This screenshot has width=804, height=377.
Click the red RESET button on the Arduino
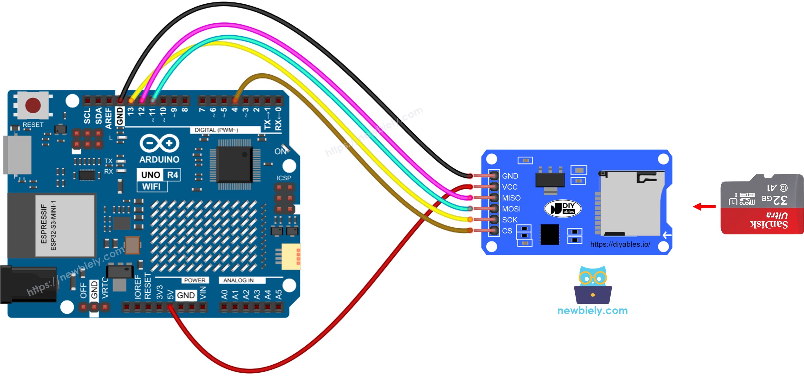pos(33,105)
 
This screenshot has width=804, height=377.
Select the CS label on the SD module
pos(507,230)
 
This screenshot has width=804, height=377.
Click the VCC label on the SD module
pos(509,187)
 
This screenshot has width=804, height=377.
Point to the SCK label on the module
pos(509,220)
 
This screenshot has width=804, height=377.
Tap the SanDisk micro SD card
pos(762,205)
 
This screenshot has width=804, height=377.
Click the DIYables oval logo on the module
pos(562,208)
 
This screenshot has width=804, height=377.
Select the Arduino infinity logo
pos(159,143)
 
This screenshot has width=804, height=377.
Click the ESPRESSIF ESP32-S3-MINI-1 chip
pos(64,225)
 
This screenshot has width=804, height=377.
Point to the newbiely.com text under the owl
pos(592,310)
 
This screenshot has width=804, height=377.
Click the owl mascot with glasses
pos(592,285)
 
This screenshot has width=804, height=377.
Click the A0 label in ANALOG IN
pos(224,294)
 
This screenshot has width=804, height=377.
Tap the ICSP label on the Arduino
pos(283,178)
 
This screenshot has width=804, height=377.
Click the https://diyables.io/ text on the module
pos(620,244)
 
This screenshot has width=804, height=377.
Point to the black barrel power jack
pos(28,284)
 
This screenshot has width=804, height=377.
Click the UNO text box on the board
pos(150,175)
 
